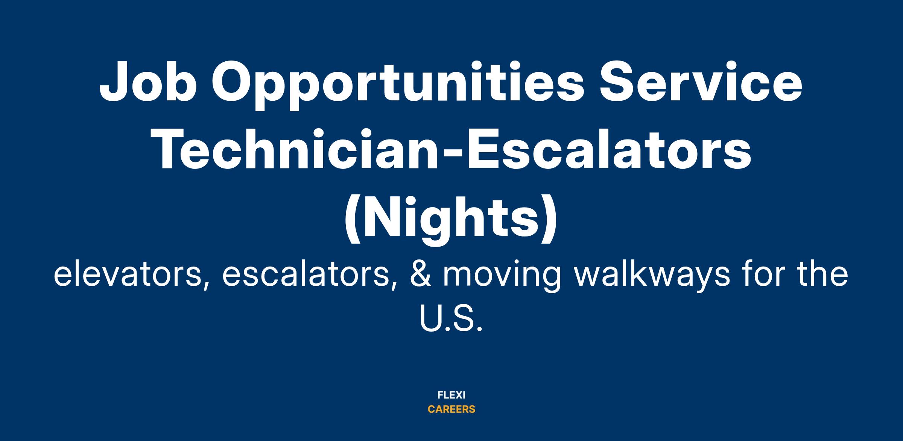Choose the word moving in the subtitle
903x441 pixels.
[x=502, y=276]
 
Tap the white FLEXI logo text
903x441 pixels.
[x=451, y=395]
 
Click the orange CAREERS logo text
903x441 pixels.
[x=451, y=409]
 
